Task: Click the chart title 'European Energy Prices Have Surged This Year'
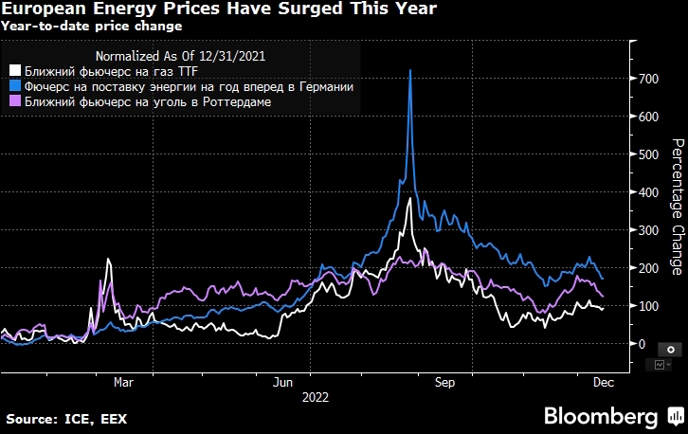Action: [219, 9]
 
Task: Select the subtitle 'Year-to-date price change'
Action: [95, 27]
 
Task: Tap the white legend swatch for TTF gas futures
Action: [14, 70]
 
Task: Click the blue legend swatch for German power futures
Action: [14, 86]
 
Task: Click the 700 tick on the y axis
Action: [648, 79]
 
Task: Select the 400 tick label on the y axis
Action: [648, 192]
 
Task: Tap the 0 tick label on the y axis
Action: [642, 344]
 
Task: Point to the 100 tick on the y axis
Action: [648, 306]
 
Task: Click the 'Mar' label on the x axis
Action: [123, 383]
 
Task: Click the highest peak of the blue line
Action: [409, 71]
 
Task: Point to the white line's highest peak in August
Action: [408, 199]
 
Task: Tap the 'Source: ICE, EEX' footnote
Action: [66, 418]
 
